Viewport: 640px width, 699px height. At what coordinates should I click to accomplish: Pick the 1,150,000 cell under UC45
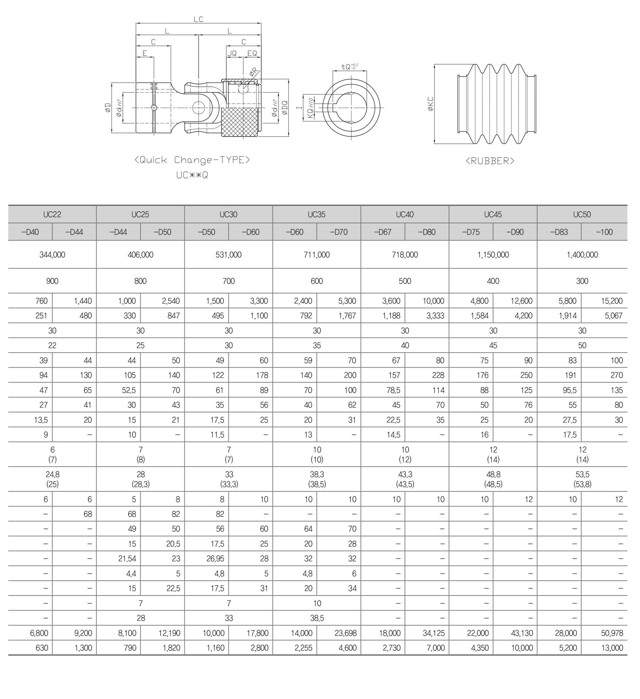pyautogui.click(x=493, y=255)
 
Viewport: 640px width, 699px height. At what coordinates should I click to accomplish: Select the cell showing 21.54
pyautogui.click(x=127, y=559)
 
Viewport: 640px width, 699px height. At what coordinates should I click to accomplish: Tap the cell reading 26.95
pyautogui.click(x=215, y=559)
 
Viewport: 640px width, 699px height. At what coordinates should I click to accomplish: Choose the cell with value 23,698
pyautogui.click(x=345, y=633)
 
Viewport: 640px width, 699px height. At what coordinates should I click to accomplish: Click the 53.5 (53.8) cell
pyautogui.click(x=582, y=479)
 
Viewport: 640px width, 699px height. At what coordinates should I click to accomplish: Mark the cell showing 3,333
pyautogui.click(x=435, y=315)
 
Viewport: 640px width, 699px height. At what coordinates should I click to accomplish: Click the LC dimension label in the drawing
pyautogui.click(x=198, y=19)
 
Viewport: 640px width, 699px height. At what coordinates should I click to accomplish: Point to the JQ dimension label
pyautogui.click(x=232, y=53)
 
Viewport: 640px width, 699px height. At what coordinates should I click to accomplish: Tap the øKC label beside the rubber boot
pyautogui.click(x=430, y=104)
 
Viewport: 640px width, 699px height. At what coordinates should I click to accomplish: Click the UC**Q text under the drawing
pyautogui.click(x=192, y=175)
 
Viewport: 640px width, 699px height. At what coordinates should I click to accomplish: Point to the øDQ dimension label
pyautogui.click(x=285, y=108)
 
